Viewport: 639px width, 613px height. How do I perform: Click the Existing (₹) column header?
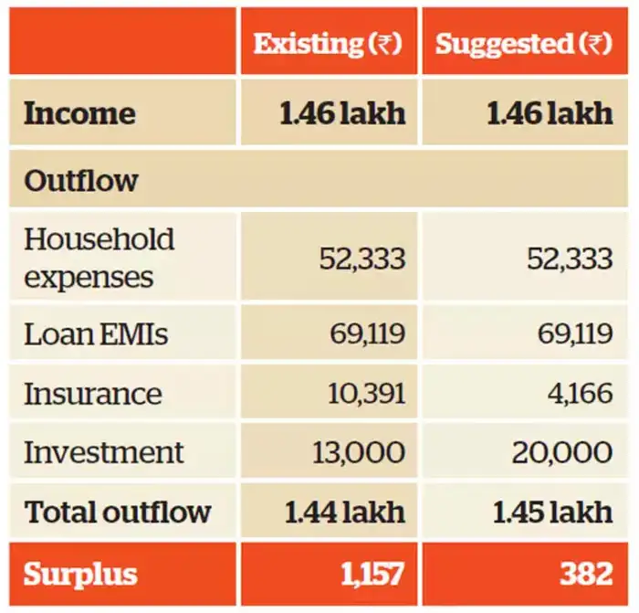click(x=328, y=44)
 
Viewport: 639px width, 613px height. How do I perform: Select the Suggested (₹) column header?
click(x=523, y=44)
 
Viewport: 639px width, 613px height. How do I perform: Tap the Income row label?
click(x=79, y=113)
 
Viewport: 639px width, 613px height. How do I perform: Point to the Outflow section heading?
click(x=81, y=180)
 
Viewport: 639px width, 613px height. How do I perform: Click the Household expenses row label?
click(x=99, y=258)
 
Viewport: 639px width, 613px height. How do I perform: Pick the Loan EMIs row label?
click(x=96, y=334)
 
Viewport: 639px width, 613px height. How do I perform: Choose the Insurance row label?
click(x=92, y=394)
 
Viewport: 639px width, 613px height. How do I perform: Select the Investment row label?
click(x=103, y=452)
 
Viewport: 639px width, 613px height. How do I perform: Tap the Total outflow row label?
click(x=118, y=512)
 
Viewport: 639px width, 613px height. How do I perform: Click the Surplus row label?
click(x=80, y=574)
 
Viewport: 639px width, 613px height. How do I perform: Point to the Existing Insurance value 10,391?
click(x=366, y=394)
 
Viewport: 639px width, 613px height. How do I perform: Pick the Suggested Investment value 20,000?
click(x=562, y=452)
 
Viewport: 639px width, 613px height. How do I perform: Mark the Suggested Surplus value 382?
click(x=586, y=574)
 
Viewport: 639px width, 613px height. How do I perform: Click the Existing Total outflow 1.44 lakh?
click(x=344, y=512)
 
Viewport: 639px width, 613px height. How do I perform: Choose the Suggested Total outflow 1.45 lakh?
click(x=552, y=512)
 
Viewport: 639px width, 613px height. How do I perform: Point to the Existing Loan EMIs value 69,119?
click(x=367, y=334)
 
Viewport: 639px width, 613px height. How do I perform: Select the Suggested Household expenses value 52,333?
click(x=570, y=259)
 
